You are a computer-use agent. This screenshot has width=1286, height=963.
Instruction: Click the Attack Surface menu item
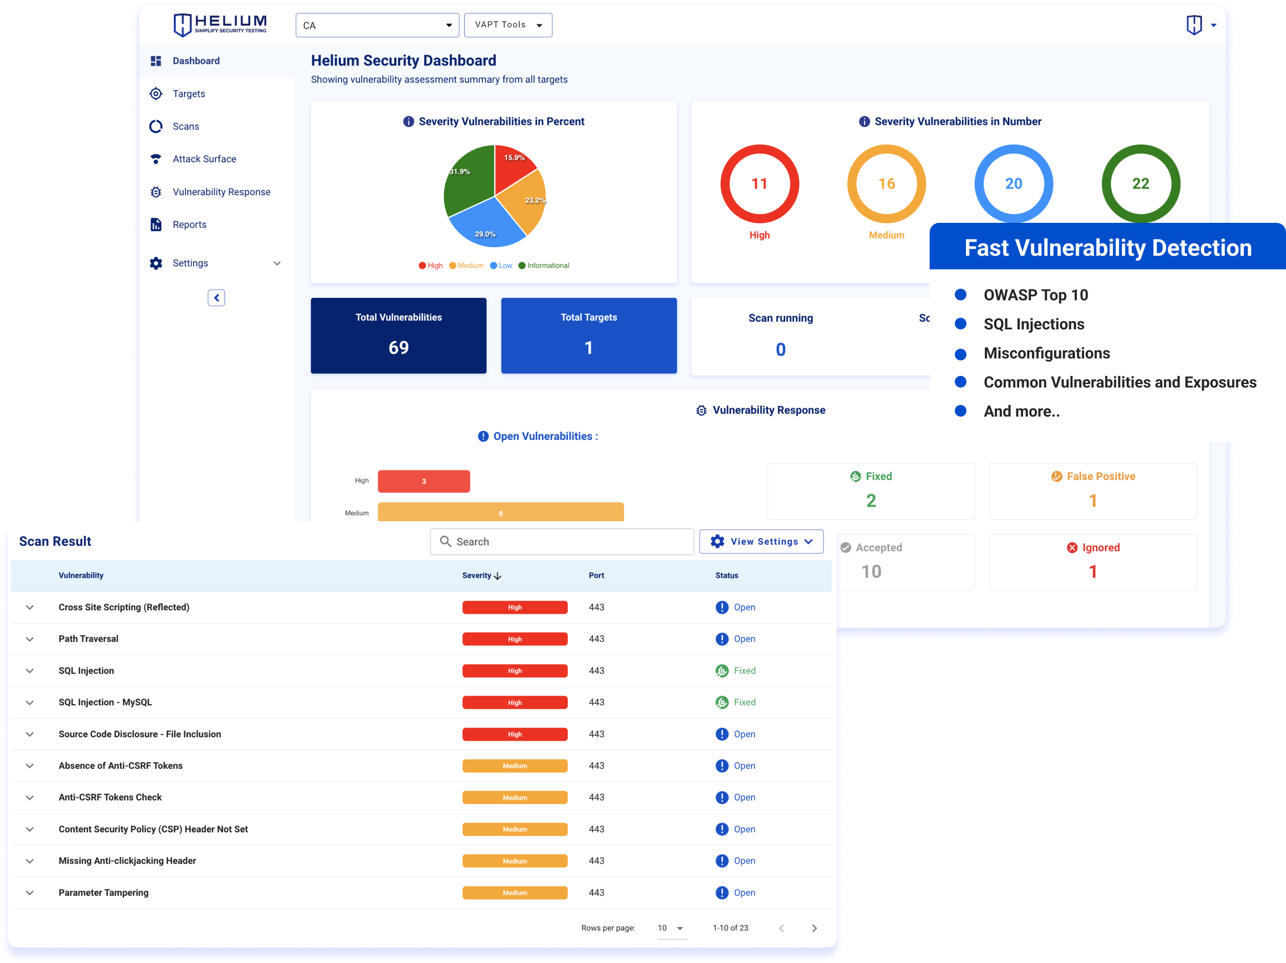[x=203, y=159]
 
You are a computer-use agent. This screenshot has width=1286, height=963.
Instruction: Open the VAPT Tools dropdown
[x=507, y=25]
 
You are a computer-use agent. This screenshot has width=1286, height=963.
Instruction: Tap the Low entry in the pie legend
[x=501, y=266]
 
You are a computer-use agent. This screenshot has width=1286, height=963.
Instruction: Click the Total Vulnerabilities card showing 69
[x=398, y=336]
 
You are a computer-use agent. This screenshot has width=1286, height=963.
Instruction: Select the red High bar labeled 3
[x=423, y=481]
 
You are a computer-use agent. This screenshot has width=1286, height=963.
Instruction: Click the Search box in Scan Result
[x=562, y=542]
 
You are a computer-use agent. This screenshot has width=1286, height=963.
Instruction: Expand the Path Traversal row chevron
[x=30, y=639]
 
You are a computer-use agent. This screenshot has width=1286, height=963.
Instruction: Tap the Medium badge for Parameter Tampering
[x=515, y=893]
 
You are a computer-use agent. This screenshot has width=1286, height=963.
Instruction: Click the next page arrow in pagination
[x=814, y=928]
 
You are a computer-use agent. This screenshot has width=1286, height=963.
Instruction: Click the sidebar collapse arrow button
[x=216, y=298]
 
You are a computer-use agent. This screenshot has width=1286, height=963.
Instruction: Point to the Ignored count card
[x=1092, y=562]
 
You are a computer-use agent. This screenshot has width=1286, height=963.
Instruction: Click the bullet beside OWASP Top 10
[x=961, y=295]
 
